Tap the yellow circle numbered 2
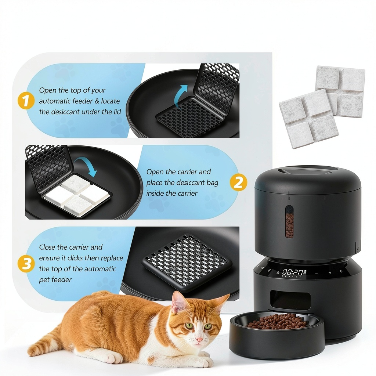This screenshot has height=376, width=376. pos(238,182)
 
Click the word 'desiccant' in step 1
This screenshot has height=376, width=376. pos(64,112)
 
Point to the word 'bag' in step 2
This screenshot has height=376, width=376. pos(212,183)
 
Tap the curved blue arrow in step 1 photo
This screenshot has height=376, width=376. pos(180,96)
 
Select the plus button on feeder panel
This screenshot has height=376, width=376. pos(330,273)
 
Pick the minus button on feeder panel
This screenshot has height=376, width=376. pos(317,274)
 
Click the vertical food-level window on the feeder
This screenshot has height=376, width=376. pos(289,221)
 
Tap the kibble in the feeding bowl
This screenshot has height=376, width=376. pos(278,321)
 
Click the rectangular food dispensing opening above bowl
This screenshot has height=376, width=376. pos(290,299)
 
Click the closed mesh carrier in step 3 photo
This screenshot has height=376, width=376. pos(187,262)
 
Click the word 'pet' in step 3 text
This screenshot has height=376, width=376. pos(44,280)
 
